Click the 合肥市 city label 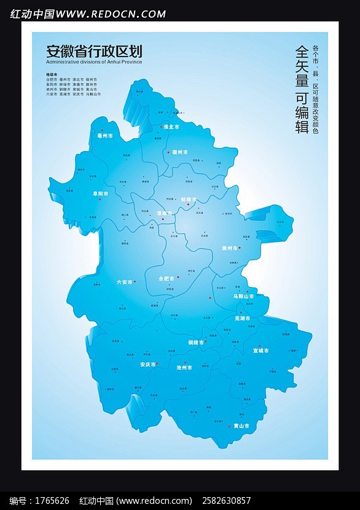[166, 278]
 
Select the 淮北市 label [171, 127]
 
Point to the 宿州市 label [179, 152]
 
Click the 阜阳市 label [100, 194]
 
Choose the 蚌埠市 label [189, 200]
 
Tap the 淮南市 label [165, 213]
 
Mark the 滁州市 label [230, 248]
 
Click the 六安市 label [125, 282]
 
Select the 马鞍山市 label [243, 297]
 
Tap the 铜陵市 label [196, 342]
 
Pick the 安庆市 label [148, 364]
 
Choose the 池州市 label [184, 367]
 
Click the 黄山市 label [241, 426]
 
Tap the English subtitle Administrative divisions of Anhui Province [94, 62]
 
